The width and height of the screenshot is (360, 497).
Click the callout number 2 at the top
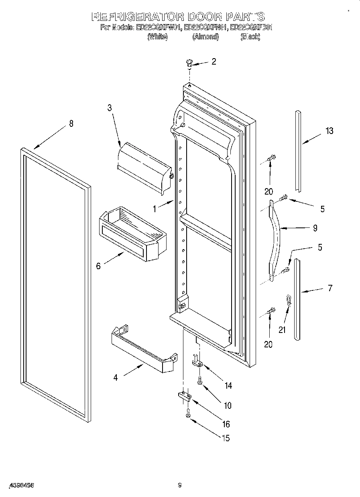point(214,61)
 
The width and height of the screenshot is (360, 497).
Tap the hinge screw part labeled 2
point(189,63)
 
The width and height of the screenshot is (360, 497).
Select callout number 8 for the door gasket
point(71,124)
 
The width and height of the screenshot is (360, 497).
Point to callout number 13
point(329,131)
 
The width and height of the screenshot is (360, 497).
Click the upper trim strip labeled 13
point(298,150)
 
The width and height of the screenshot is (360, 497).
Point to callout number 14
point(228,385)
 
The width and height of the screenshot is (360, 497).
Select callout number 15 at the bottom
point(226,438)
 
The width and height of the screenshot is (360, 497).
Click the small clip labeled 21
point(287,301)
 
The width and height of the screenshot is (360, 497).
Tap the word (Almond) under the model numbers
point(205,37)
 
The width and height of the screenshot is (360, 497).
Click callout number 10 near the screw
point(227,406)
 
